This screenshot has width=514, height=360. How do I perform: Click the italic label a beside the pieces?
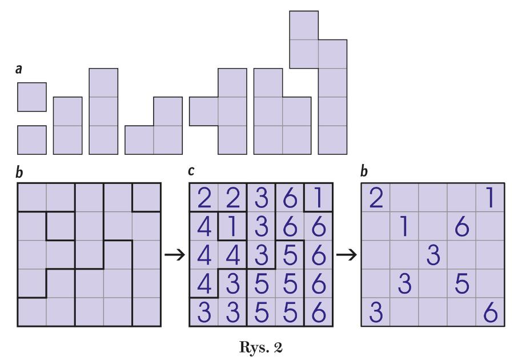point(19,70)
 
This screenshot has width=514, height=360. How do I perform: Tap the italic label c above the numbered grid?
point(191,171)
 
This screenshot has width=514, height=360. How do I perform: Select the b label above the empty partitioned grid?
point(19,172)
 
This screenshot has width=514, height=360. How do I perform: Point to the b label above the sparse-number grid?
point(364,171)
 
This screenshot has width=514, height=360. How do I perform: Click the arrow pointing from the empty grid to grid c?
point(175,255)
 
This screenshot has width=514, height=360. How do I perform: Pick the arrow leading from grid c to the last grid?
point(347,255)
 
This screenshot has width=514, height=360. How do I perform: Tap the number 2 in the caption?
point(278,347)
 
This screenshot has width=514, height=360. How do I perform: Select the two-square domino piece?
point(67,126)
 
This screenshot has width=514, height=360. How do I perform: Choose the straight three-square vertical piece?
point(103,111)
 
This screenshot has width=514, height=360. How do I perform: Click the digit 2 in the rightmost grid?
point(376,198)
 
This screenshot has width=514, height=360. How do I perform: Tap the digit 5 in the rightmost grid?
point(462,283)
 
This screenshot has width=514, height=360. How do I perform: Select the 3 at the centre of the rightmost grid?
point(433,255)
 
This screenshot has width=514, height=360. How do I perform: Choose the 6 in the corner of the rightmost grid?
point(491,313)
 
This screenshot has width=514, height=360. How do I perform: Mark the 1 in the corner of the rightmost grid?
point(491,198)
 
